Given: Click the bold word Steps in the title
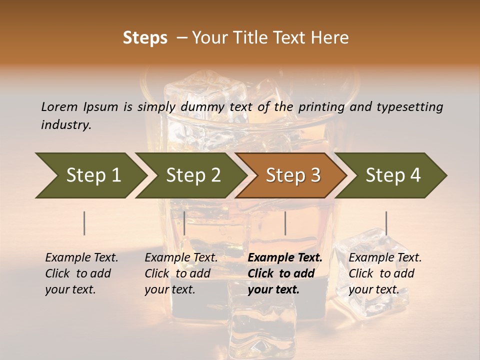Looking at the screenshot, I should pyautogui.click(x=145, y=38).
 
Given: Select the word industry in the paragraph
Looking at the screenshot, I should pyautogui.click(x=66, y=124).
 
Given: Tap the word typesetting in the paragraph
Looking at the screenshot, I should pyautogui.click(x=409, y=107).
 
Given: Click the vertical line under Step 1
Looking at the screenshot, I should pyautogui.click(x=84, y=223).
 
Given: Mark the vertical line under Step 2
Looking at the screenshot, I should pyautogui.click(x=184, y=223).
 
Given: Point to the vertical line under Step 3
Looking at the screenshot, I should pyautogui.click(x=285, y=223).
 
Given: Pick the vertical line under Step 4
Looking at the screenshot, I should pyautogui.click(x=386, y=223).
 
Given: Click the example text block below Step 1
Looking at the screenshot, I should pyautogui.click(x=81, y=273).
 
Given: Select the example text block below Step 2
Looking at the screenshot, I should pyautogui.click(x=181, y=273).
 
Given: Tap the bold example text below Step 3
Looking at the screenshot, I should pyautogui.click(x=285, y=273).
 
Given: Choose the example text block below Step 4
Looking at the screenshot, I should pyautogui.click(x=385, y=273).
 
